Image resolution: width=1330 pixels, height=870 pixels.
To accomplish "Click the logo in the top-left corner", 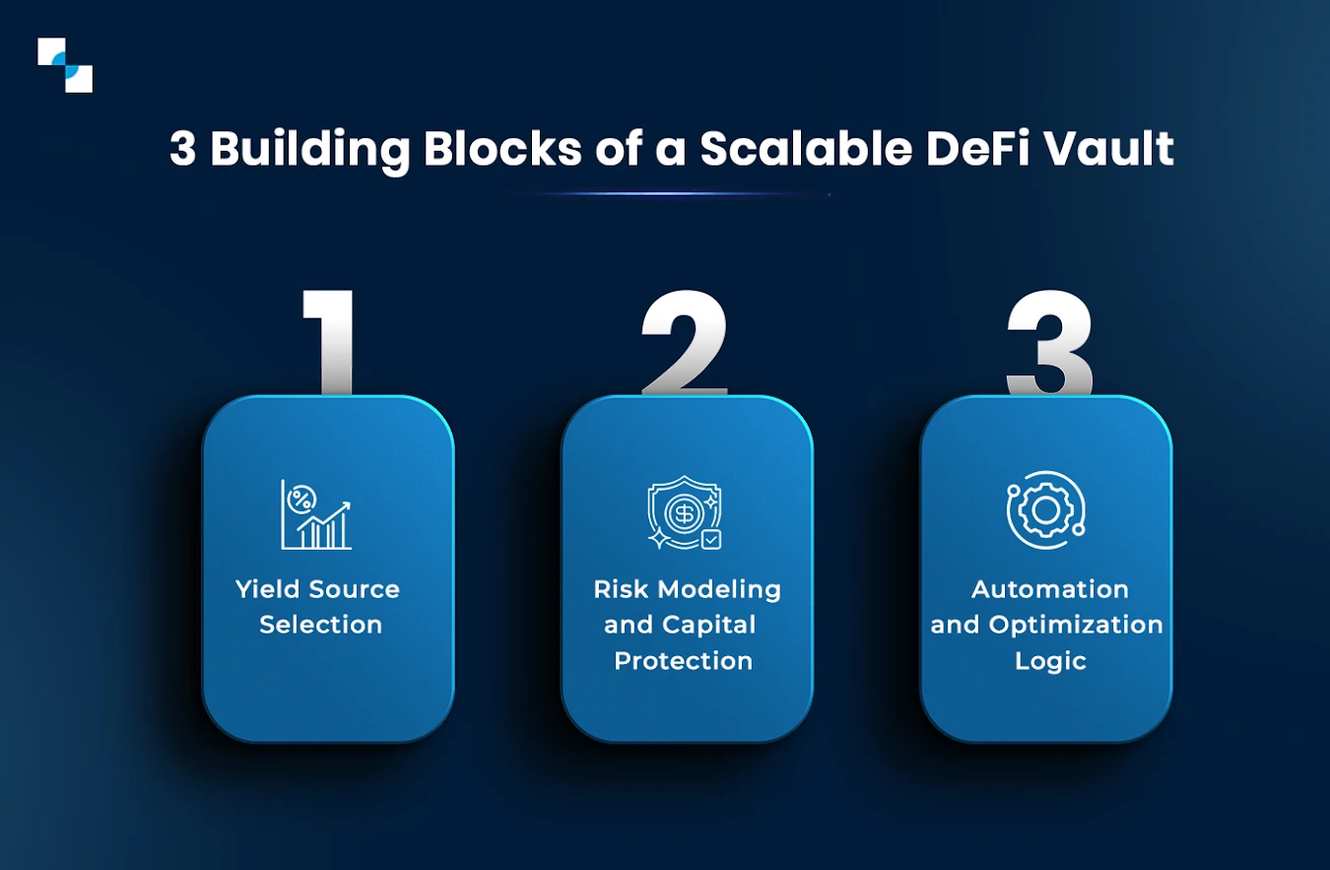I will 65,65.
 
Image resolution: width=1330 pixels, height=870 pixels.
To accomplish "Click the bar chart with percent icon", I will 315,514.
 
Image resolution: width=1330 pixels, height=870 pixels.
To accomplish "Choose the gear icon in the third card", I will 1045,509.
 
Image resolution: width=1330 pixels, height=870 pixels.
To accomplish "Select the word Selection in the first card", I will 320,625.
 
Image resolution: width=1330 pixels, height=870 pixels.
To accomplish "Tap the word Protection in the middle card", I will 683,660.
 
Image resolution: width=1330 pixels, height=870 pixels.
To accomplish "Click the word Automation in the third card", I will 1049,589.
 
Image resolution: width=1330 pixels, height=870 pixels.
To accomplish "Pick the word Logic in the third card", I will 1050,660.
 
